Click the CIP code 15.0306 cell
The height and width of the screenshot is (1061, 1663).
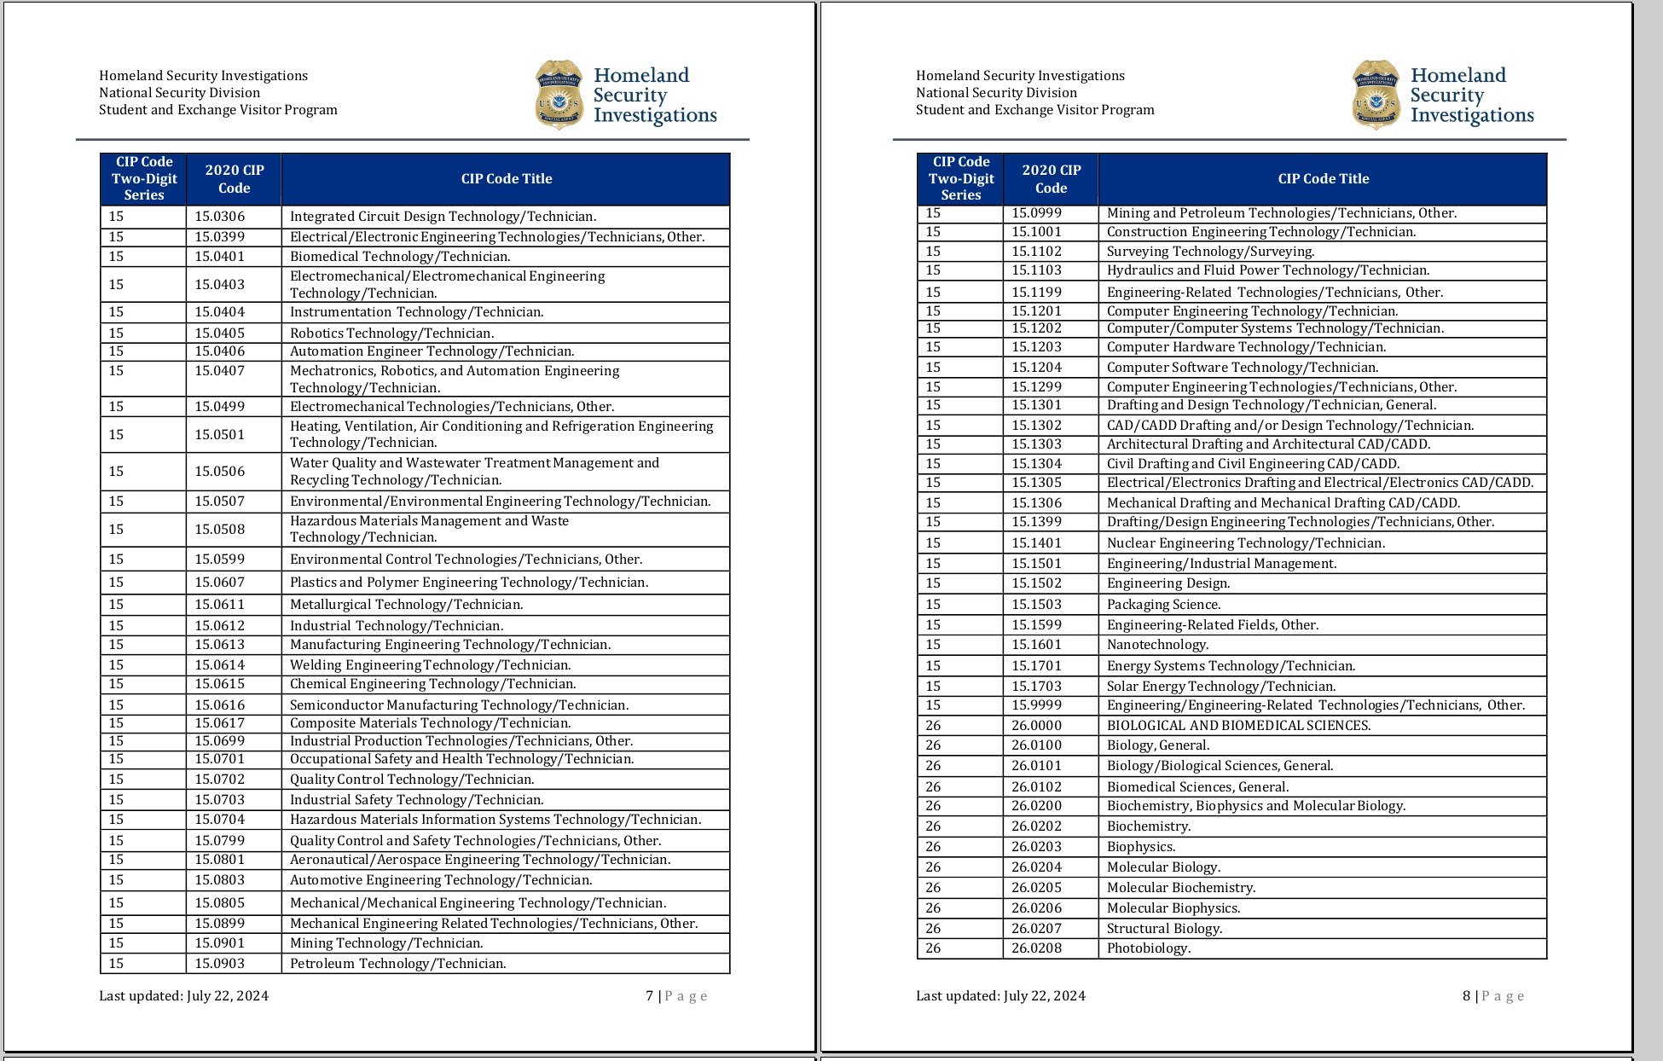pos(219,217)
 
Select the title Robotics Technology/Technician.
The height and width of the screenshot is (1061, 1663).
pos(391,333)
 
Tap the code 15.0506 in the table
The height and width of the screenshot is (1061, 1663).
pos(219,471)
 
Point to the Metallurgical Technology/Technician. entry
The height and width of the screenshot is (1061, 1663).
pos(406,605)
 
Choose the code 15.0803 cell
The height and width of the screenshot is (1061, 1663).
pos(219,880)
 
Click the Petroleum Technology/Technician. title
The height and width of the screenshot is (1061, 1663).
pos(397,964)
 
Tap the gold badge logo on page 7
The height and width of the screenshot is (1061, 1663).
pos(559,95)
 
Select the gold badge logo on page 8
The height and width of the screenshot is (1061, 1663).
pos(1376,95)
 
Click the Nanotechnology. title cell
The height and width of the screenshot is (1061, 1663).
pos(1157,645)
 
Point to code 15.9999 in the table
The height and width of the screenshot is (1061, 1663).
pos(1036,705)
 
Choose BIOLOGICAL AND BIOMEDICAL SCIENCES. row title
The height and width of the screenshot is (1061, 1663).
pos(1238,726)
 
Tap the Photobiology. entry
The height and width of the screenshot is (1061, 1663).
pos(1148,948)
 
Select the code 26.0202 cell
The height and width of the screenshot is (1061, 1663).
pos(1036,826)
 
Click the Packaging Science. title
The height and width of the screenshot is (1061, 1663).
pos(1163,605)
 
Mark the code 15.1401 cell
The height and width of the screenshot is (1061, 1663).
pos(1036,543)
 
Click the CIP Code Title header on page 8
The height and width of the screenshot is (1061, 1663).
pos(1323,179)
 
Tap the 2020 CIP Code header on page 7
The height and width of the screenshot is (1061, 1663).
pos(234,179)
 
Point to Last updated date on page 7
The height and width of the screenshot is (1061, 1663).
pos(183,996)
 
